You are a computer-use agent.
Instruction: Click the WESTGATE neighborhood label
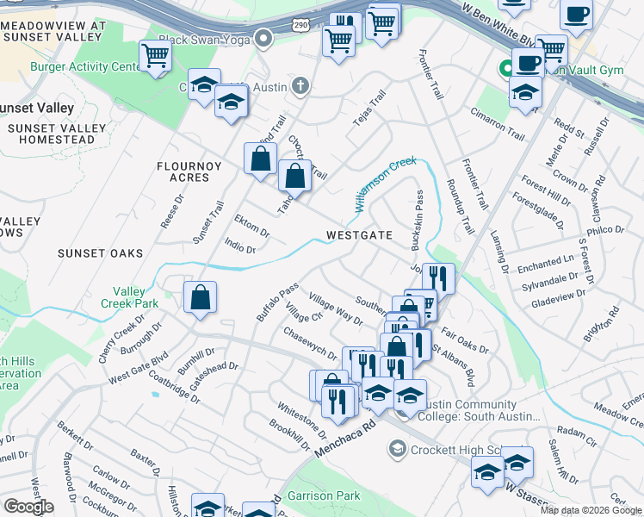[x=359, y=235]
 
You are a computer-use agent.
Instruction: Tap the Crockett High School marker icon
[x=397, y=449]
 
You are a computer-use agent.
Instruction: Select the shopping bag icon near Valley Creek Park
[x=200, y=298]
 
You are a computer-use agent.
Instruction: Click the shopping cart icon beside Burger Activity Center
[x=155, y=56]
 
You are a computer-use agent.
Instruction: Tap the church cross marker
[x=300, y=85]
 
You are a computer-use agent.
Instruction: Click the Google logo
[x=28, y=507]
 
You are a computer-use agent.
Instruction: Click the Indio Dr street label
[x=240, y=247]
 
